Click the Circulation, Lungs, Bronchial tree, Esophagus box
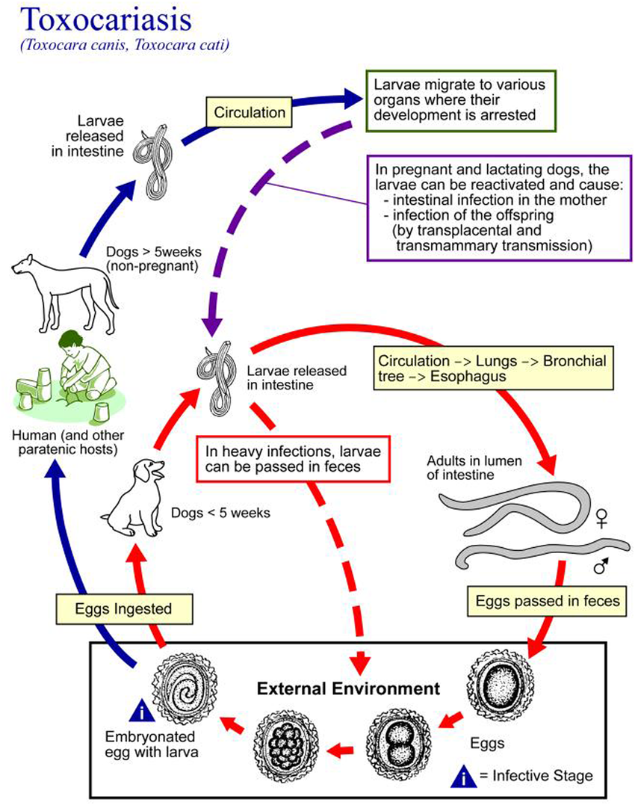pos(492,367)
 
